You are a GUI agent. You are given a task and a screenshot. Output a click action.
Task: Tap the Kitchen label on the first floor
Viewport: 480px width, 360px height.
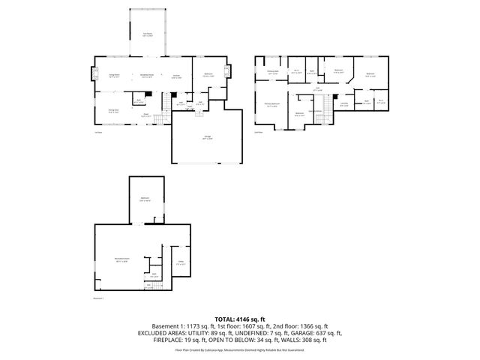[x=176, y=76]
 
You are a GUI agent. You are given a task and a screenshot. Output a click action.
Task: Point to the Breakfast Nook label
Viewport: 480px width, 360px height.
[x=148, y=76]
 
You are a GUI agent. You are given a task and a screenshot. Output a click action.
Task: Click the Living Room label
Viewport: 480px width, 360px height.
[x=115, y=76]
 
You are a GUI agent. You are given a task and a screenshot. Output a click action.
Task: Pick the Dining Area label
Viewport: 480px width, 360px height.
[x=113, y=111]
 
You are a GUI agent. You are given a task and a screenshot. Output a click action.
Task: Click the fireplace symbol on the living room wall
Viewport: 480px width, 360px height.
[x=94, y=74]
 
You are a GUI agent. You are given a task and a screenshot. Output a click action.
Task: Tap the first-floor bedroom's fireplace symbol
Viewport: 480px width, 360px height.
[x=228, y=73]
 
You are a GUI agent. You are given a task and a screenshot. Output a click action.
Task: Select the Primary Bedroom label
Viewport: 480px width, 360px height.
[x=271, y=104]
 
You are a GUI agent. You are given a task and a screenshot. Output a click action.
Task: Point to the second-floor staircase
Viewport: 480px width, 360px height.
[x=328, y=111]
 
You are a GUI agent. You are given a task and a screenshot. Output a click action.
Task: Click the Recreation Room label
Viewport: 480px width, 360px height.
[x=120, y=260]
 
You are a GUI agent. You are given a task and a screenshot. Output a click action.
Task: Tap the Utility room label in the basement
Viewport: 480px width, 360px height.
[x=180, y=262]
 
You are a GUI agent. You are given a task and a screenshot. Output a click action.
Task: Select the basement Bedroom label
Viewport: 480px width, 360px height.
[x=145, y=199]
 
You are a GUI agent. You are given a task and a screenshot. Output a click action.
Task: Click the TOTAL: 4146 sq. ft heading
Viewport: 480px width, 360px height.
[x=239, y=318]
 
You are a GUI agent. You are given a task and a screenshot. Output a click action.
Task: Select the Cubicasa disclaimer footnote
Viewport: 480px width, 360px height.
[x=239, y=349]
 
